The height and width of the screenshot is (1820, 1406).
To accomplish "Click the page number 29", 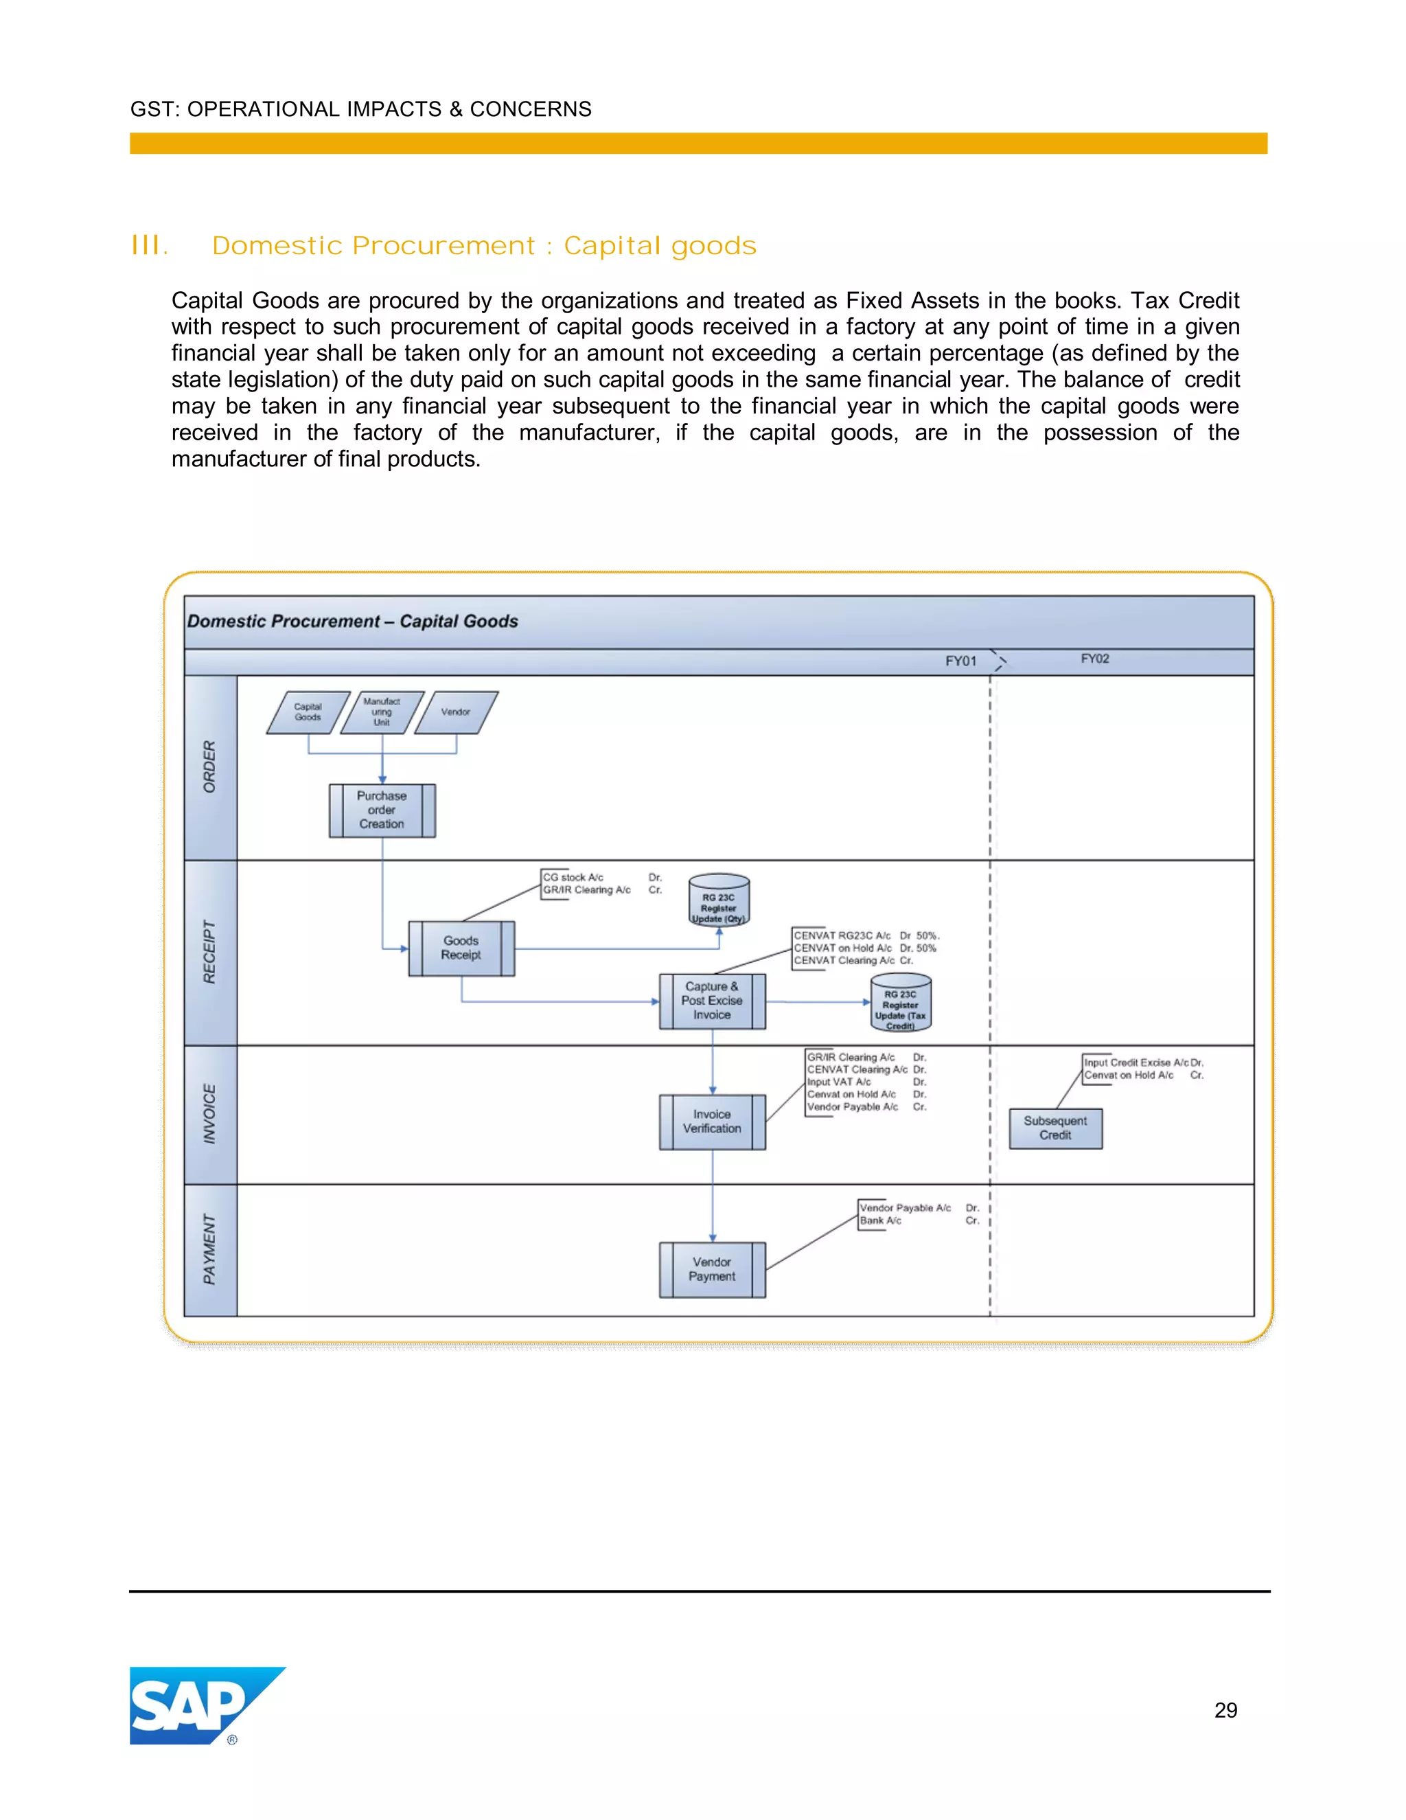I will pyautogui.click(x=1225, y=1710).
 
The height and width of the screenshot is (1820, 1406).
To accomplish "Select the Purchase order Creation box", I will pyautogui.click(x=382, y=810).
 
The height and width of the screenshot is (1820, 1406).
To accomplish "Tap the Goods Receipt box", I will pyautogui.click(x=461, y=948).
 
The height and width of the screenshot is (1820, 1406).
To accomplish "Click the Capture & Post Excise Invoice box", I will pyautogui.click(x=712, y=1001).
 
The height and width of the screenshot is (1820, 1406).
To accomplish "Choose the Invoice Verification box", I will pyautogui.click(x=712, y=1122).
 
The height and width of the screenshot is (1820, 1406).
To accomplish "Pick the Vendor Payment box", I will pyautogui.click(x=712, y=1269).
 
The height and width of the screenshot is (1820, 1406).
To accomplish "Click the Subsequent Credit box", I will pyautogui.click(x=1055, y=1128).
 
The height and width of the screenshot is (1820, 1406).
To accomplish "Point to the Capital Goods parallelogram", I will pyautogui.click(x=308, y=712).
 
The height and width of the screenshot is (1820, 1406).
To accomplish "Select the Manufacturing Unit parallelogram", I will pyautogui.click(x=382, y=712).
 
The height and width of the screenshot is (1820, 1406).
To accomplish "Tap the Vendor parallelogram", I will pyautogui.click(x=456, y=712).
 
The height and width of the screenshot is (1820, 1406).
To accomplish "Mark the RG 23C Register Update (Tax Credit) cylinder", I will pyautogui.click(x=901, y=1003).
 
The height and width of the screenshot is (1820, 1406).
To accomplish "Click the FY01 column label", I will pyautogui.click(x=960, y=661).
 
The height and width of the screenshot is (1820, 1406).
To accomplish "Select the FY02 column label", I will pyautogui.click(x=1094, y=659).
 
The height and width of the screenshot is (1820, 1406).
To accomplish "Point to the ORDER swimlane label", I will pyautogui.click(x=210, y=766).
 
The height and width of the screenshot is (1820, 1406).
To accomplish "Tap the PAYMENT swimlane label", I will pyautogui.click(x=210, y=1249).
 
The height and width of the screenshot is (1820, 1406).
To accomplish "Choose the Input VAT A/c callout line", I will pyautogui.click(x=839, y=1082).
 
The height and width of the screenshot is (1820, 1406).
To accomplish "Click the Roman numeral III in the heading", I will pyautogui.click(x=150, y=246).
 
